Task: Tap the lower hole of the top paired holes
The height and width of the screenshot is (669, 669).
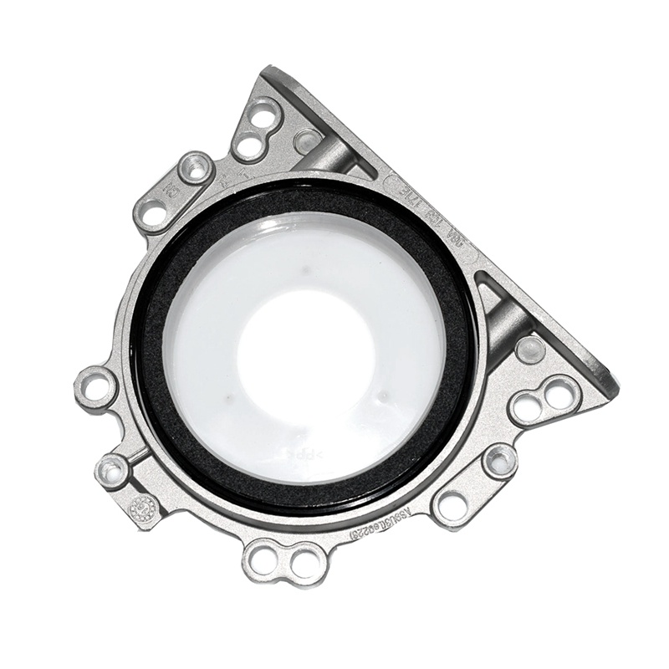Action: pyautogui.click(x=248, y=148)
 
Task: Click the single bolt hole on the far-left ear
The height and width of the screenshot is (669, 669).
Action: pyautogui.click(x=97, y=387)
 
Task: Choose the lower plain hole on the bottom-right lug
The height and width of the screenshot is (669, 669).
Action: pyautogui.click(x=452, y=504)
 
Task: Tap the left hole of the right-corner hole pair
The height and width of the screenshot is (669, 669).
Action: pyautogui.click(x=526, y=407)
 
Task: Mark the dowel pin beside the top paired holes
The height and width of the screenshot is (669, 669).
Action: pyautogui.click(x=306, y=141)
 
